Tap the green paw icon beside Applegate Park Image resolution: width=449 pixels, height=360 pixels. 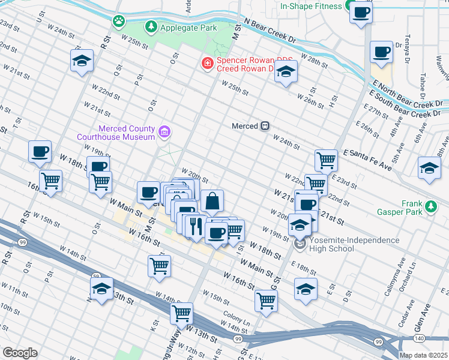[119, 21]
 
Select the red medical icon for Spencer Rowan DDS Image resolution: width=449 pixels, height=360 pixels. [206, 62]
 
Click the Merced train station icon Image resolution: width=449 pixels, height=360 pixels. [264, 126]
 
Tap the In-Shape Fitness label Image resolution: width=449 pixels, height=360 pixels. [311, 7]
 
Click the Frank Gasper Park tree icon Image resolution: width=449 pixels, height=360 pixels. [430, 207]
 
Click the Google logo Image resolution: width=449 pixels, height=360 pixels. [19, 352]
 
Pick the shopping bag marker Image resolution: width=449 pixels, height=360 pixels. [212, 202]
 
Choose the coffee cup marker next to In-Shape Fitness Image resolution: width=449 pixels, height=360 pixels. [361, 13]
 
